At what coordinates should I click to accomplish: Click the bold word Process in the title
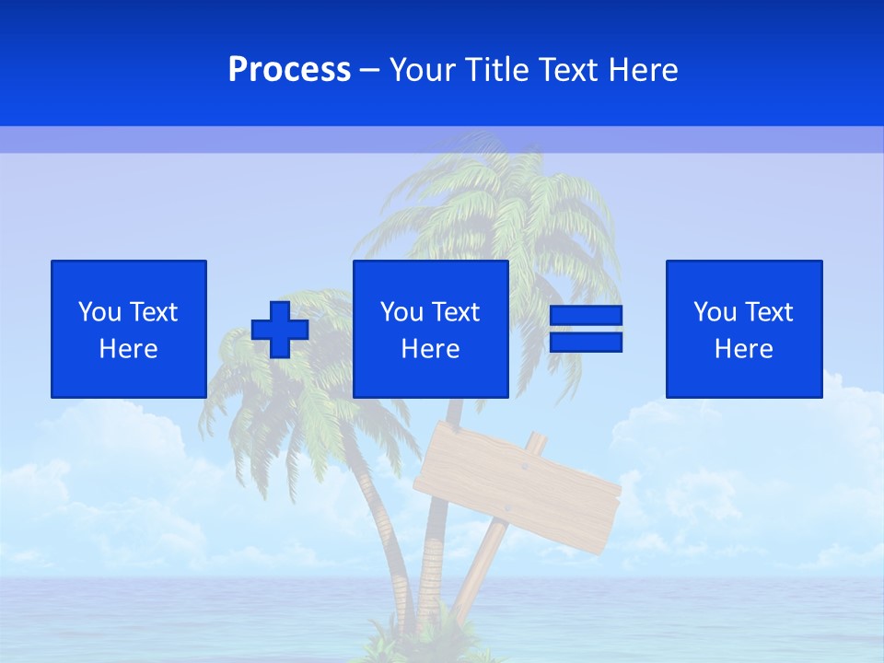click(289, 70)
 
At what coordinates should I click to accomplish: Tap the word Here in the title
click(642, 70)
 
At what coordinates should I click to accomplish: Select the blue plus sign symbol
click(280, 330)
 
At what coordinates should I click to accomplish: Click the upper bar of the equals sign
click(586, 316)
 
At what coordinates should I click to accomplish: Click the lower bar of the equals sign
click(586, 343)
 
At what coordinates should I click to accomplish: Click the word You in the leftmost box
click(99, 312)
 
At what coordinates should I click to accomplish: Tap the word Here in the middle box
click(430, 349)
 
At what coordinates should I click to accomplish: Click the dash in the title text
click(370, 70)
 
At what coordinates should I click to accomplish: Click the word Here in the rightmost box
click(743, 349)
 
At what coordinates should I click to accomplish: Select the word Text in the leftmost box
click(154, 312)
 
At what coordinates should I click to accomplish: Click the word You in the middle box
click(401, 312)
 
